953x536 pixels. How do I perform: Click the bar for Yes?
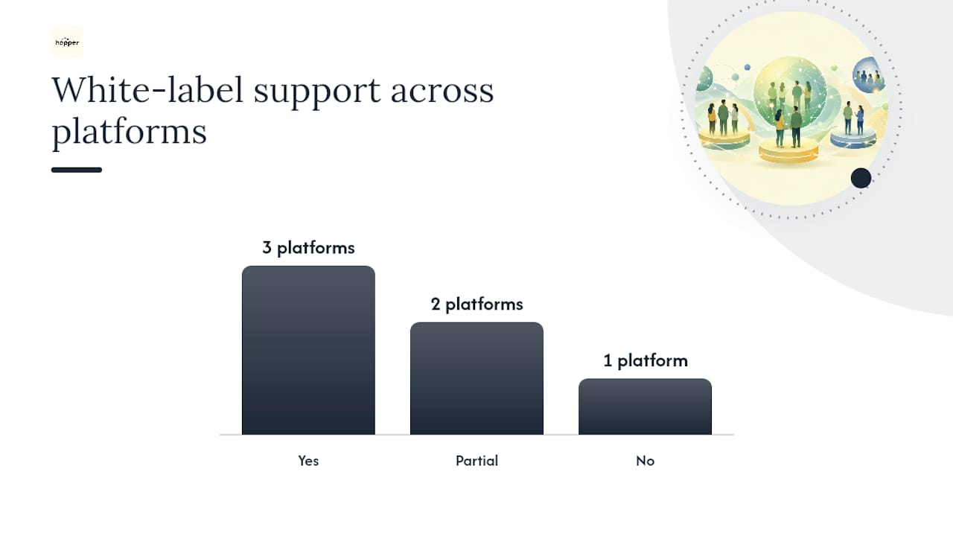tap(308, 350)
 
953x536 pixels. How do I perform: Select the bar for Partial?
tap(476, 379)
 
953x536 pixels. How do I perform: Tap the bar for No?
tap(645, 406)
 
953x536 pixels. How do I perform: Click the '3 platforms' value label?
tap(308, 248)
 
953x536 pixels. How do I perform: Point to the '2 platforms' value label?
tap(477, 304)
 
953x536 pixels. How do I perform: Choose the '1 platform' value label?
tap(646, 361)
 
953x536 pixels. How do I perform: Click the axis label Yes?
tap(308, 461)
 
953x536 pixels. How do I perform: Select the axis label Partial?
tap(476, 461)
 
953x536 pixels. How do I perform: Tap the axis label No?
tap(645, 461)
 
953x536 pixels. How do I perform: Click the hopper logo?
tap(67, 42)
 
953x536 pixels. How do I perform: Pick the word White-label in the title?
tap(147, 90)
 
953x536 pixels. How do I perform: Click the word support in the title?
tap(317, 93)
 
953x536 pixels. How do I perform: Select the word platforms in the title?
tap(130, 132)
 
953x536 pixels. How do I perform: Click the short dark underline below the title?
tap(77, 170)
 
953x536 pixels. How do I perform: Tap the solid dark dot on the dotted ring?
tap(861, 178)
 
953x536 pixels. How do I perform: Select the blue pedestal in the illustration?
tap(853, 139)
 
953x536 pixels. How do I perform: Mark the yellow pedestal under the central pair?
tap(788, 151)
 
